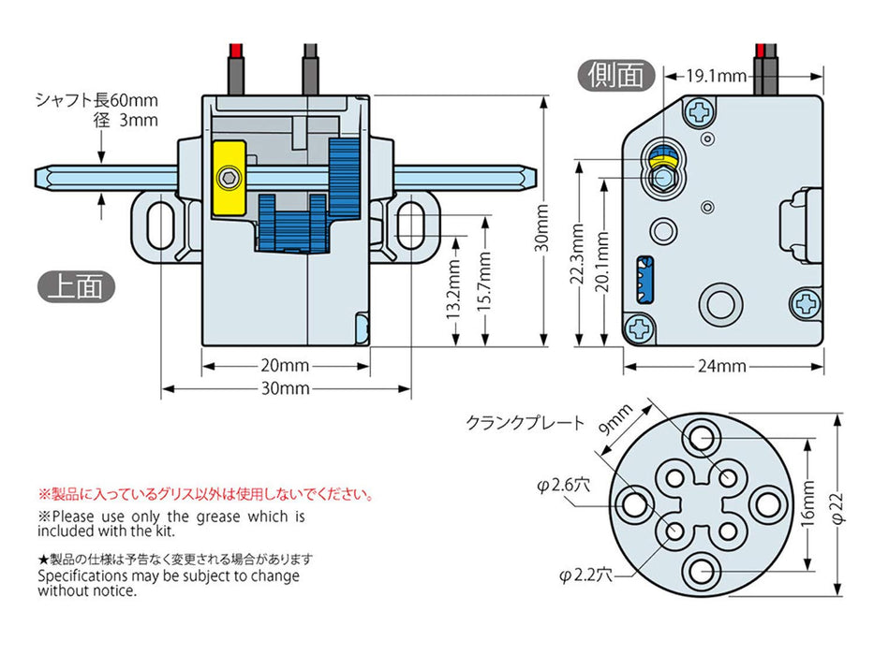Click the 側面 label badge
pyautogui.click(x=616, y=74)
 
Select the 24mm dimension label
pyautogui.click(x=721, y=366)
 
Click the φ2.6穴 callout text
pyautogui.click(x=563, y=485)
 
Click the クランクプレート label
pyautogui.click(x=526, y=422)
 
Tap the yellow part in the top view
pyautogui.click(x=228, y=178)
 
